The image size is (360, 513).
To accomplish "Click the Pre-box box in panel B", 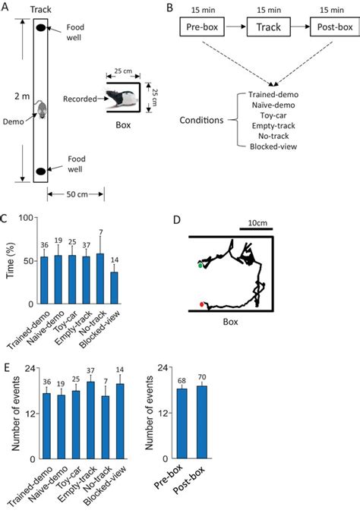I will (x=201, y=30).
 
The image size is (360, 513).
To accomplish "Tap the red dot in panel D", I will (x=201, y=304).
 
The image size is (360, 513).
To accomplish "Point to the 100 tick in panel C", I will (x=24, y=218).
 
